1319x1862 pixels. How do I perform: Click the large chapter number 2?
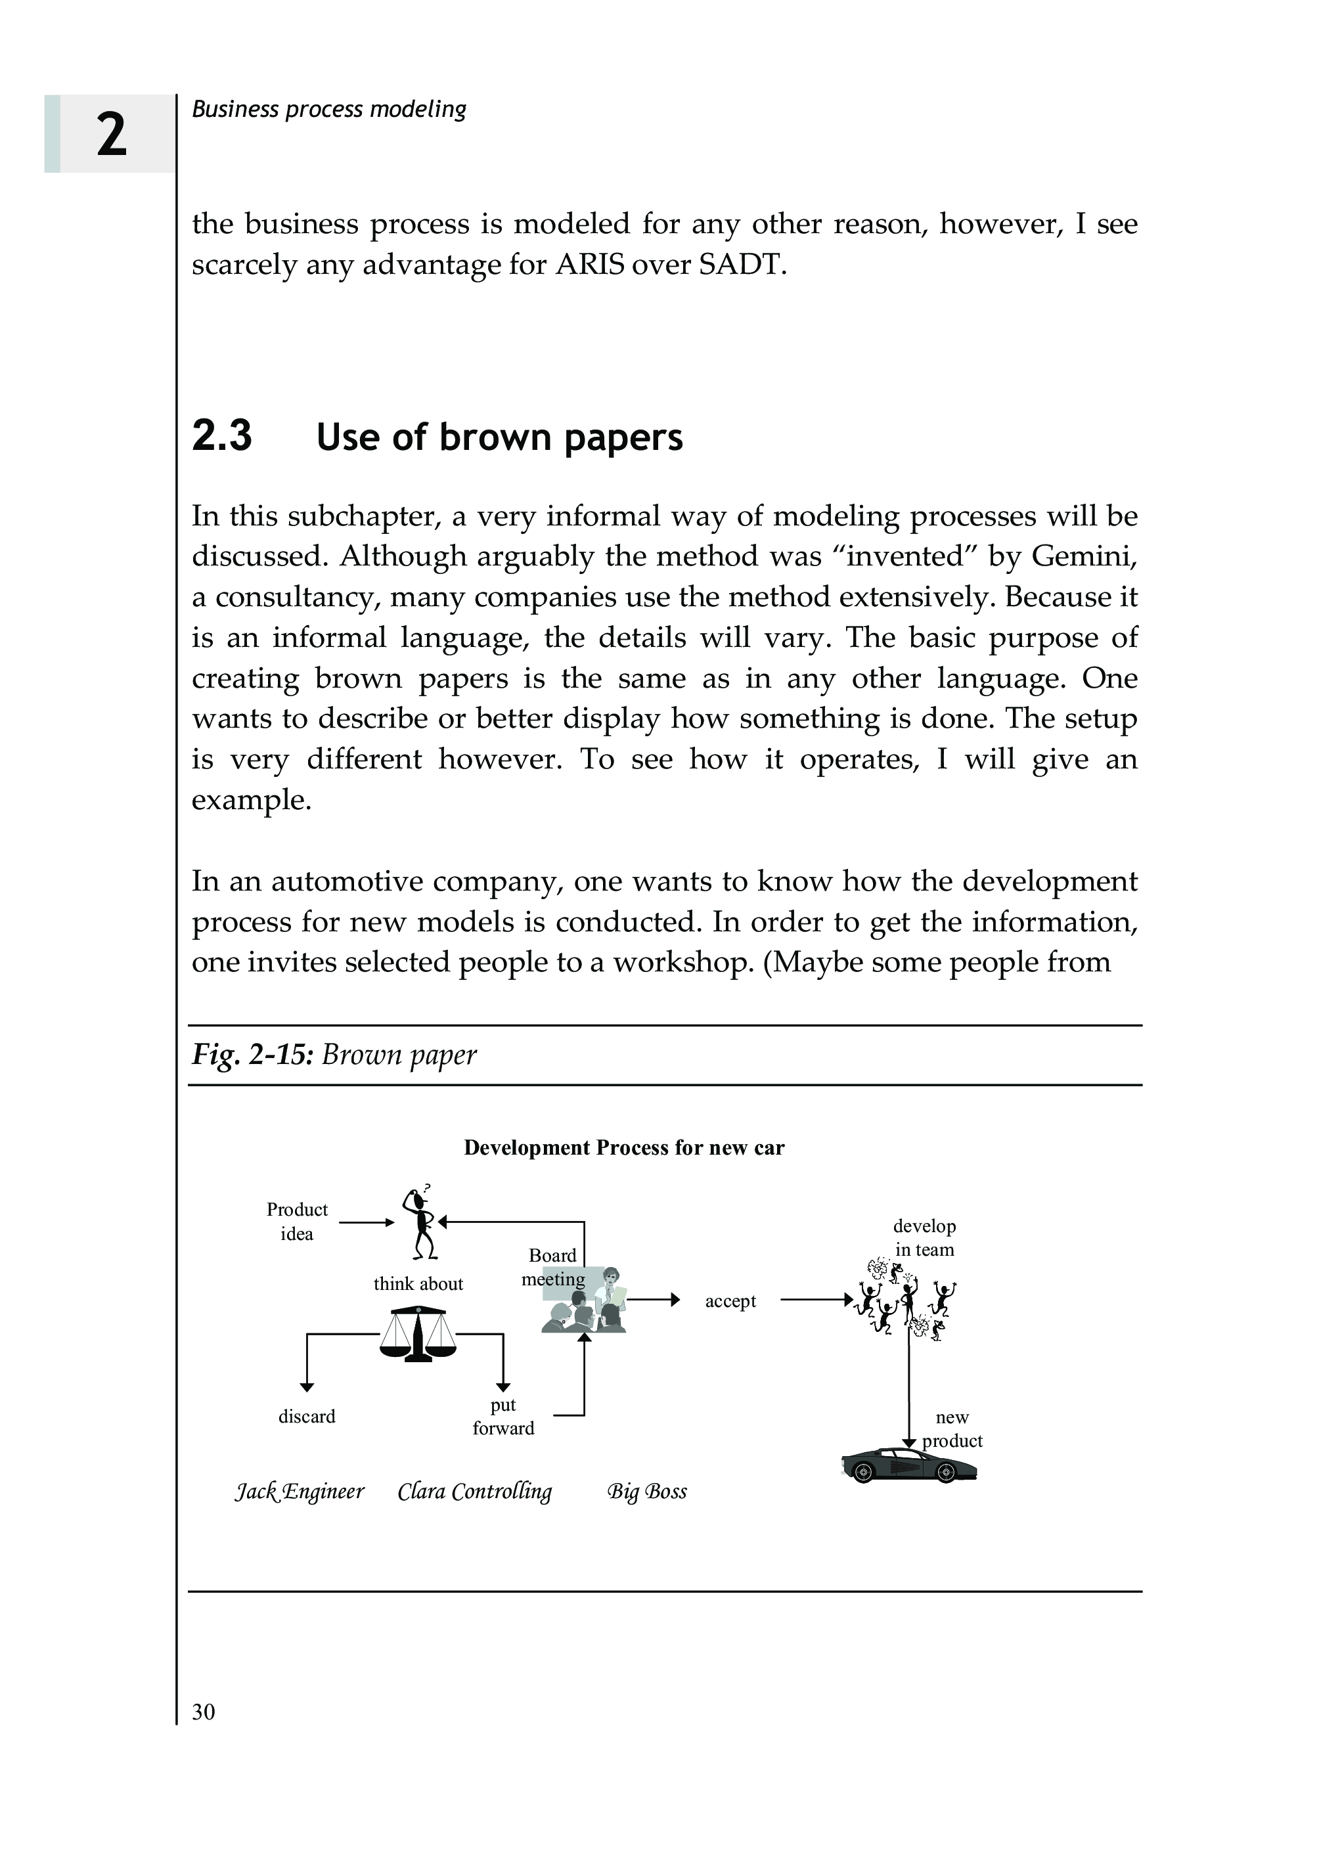coord(111,134)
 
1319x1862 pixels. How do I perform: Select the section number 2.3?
coord(222,436)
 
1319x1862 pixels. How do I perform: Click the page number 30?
coord(203,1712)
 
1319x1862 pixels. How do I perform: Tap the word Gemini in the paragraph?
coord(1083,556)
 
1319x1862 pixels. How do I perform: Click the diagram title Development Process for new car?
coord(624,1147)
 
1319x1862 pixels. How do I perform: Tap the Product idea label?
coord(298,1222)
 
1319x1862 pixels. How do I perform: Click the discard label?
coord(307,1417)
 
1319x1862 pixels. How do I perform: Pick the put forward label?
coord(504,1417)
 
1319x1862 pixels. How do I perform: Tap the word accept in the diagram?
coord(730,1301)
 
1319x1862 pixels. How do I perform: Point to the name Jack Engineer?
coord(300,1492)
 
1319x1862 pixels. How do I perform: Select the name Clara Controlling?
coord(475,1492)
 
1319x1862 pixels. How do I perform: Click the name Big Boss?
coord(647,1492)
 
